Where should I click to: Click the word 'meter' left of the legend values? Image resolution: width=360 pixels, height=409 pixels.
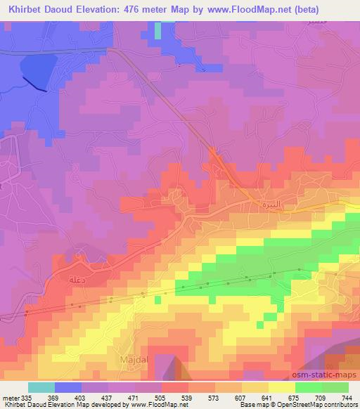(9, 397)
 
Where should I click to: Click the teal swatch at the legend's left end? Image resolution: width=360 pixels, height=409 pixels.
(41, 387)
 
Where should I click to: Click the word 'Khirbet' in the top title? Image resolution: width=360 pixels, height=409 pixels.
(22, 9)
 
